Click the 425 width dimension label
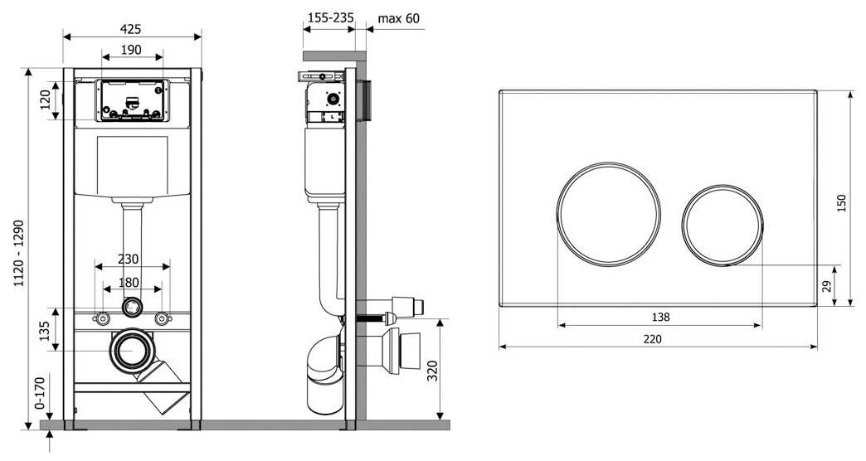pos(130,29)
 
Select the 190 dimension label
pos(131,50)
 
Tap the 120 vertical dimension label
pos(46,100)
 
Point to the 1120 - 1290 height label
pos(19,252)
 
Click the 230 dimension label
pos(128,259)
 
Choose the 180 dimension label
pos(129,282)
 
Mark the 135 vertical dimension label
pos(46,330)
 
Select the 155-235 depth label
pos(330,17)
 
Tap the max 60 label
pos(399,18)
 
